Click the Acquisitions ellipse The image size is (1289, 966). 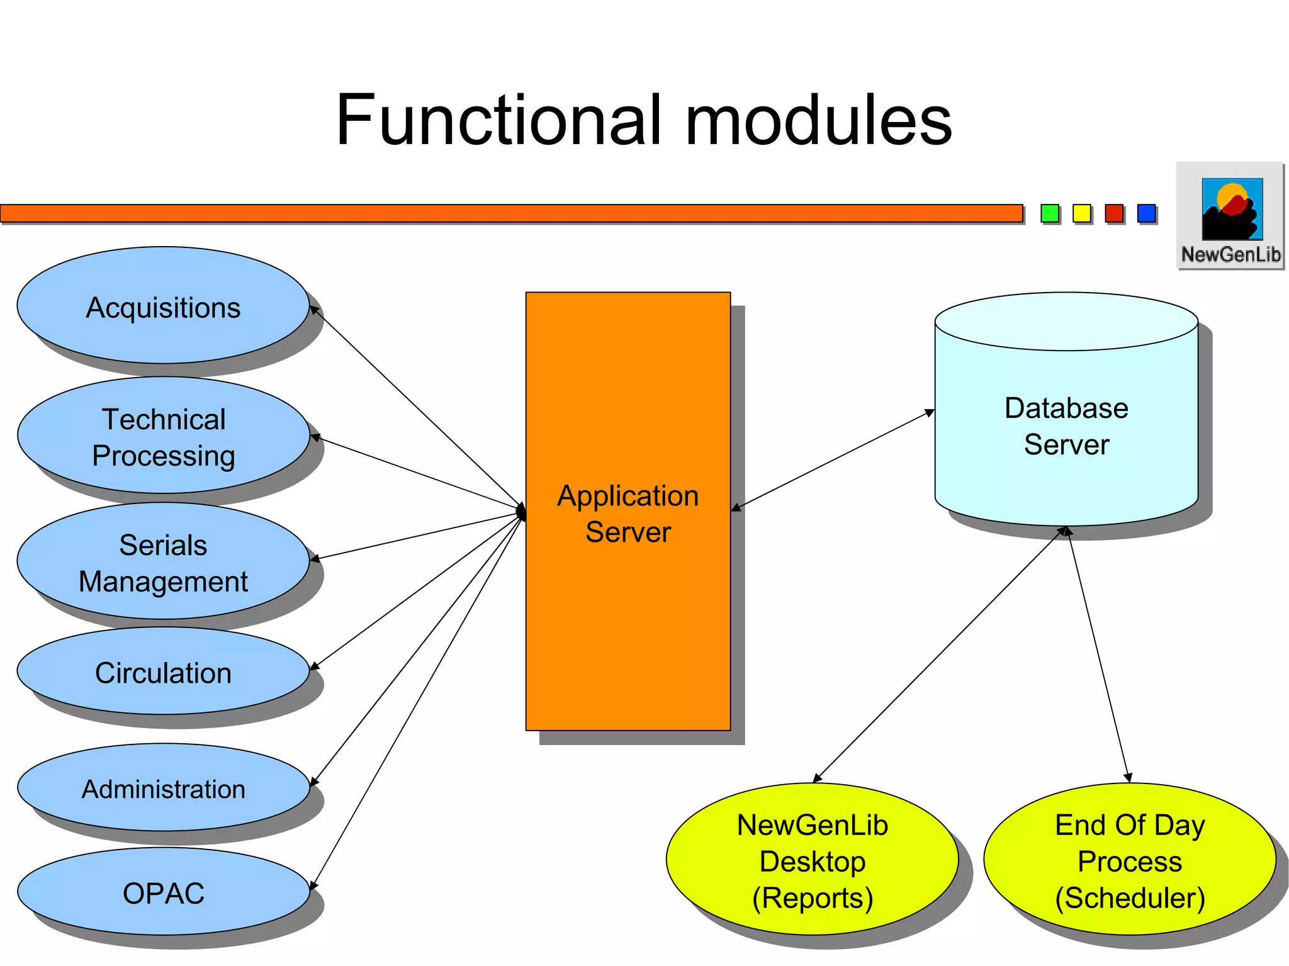[163, 306]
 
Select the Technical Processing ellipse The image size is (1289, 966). [163, 436]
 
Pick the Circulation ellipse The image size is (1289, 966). [163, 671]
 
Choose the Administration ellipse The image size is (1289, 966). [163, 788]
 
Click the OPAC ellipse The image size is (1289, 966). [163, 892]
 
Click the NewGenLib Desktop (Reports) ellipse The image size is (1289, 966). [812, 860]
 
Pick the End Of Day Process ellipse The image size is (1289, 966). [1130, 860]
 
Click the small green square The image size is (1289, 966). [1049, 213]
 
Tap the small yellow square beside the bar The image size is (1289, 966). [1081, 213]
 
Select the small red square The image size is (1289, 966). [1114, 213]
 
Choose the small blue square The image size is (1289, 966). [1146, 213]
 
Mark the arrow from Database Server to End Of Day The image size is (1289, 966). [1098, 654]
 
